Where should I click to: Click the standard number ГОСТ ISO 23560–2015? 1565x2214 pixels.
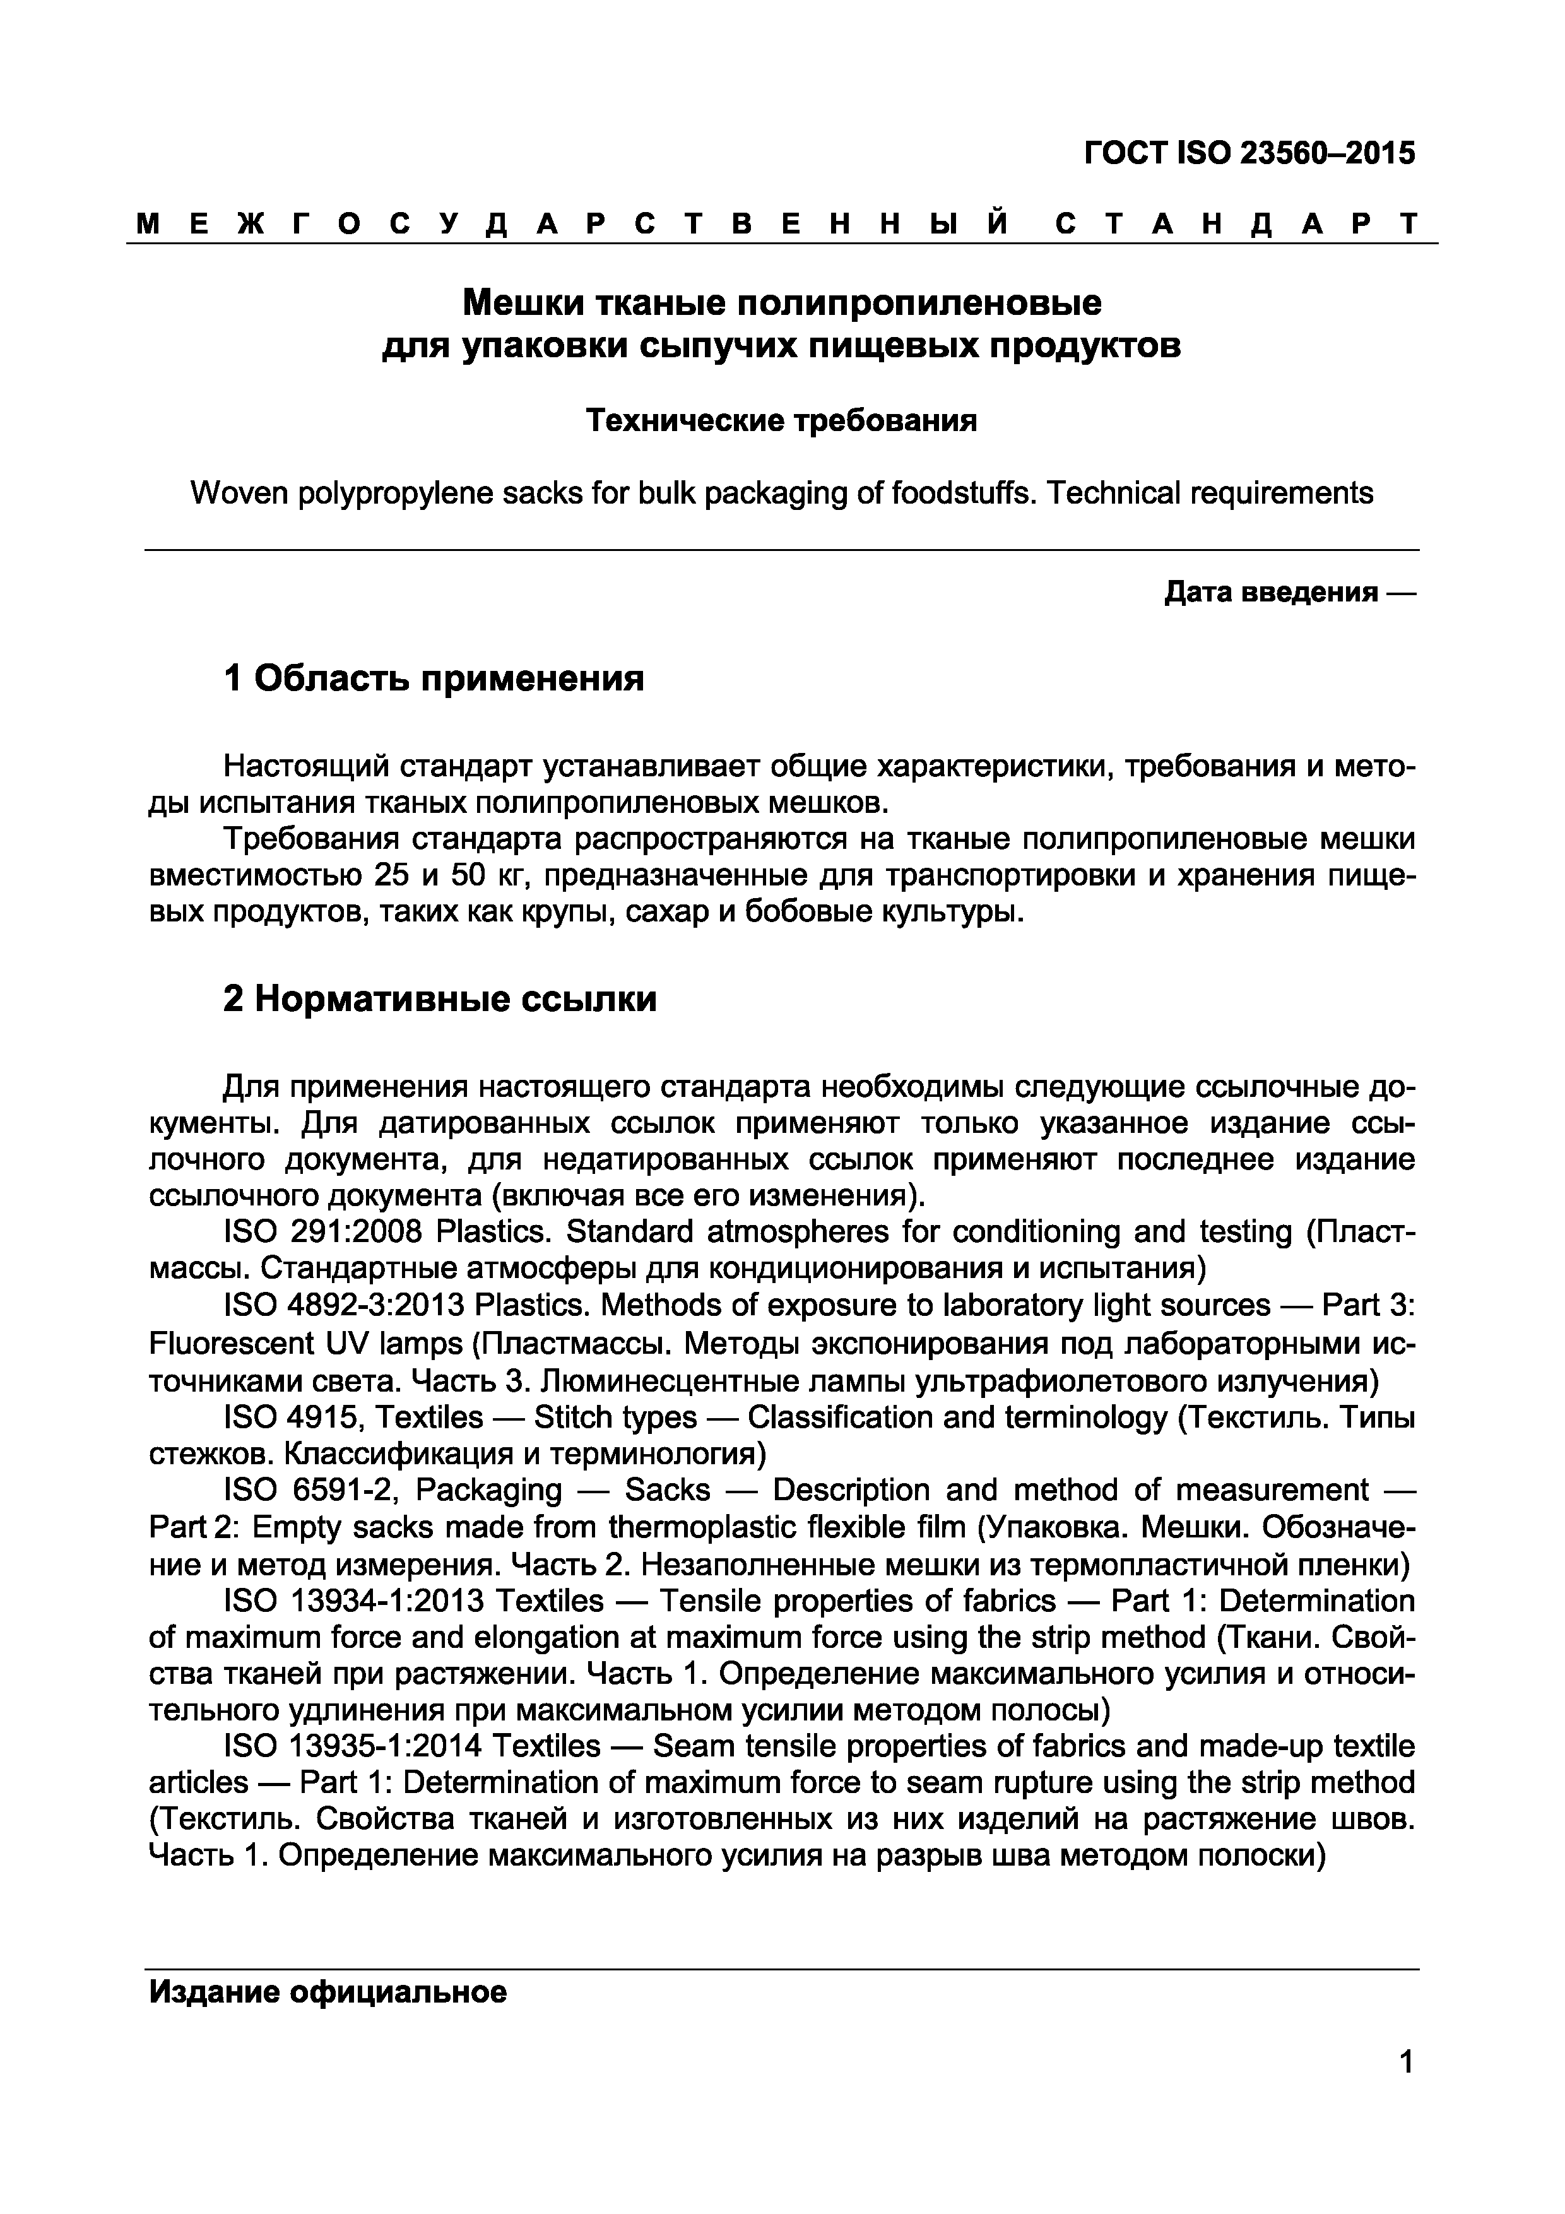[1249, 153]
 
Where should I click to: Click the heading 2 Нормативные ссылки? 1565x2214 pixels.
[440, 1000]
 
